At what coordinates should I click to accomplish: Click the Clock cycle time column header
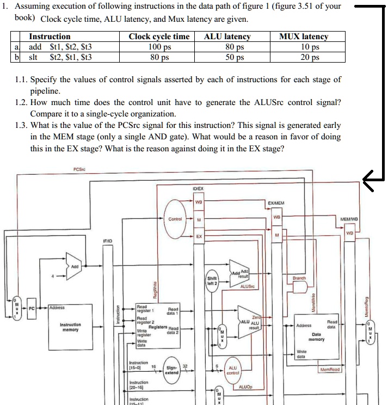click(159, 36)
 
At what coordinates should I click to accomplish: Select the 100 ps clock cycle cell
click(159, 47)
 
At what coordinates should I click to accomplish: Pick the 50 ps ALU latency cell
click(227, 56)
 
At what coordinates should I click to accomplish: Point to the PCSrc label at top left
click(79, 169)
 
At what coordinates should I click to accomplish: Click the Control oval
click(175, 219)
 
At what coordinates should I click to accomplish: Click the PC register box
click(32, 308)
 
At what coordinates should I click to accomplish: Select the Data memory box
click(316, 335)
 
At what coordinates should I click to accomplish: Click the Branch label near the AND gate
click(299, 278)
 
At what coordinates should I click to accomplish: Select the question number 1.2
click(22, 102)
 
